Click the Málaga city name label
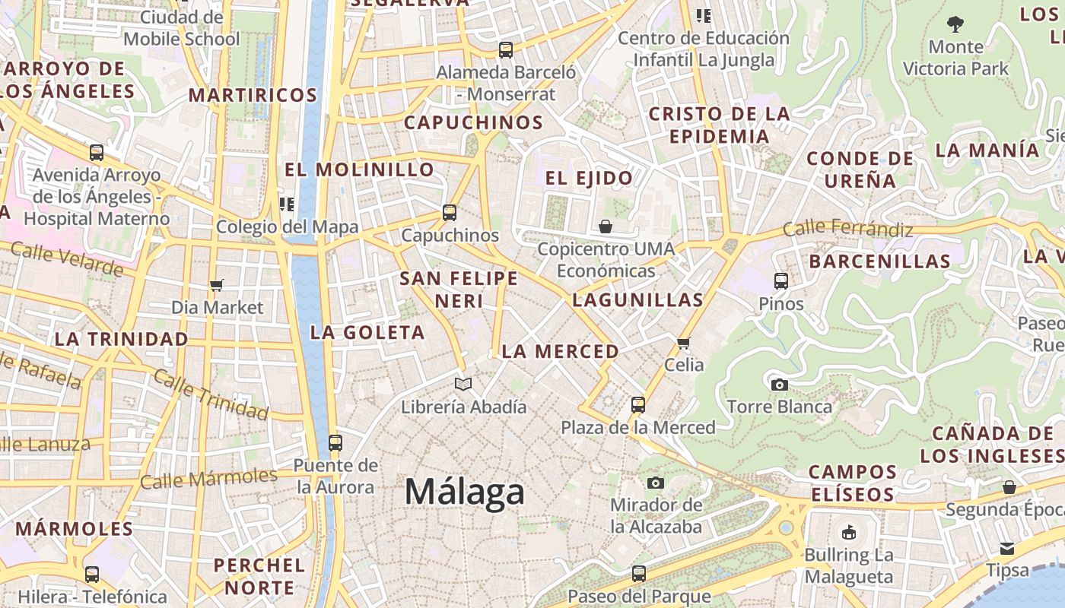pyautogui.click(x=464, y=492)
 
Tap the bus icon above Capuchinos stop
pyautogui.click(x=450, y=213)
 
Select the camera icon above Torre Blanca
pyautogui.click(x=779, y=385)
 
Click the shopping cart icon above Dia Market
pyautogui.click(x=217, y=285)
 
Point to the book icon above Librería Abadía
pyautogui.click(x=463, y=384)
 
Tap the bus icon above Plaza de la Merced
pyautogui.click(x=638, y=405)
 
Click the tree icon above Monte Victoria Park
pyautogui.click(x=955, y=24)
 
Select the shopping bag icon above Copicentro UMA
pyautogui.click(x=606, y=226)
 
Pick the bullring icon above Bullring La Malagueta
pyautogui.click(x=849, y=532)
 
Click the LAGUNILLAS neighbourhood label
pyautogui.click(x=637, y=299)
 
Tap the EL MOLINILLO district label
pyautogui.click(x=360, y=169)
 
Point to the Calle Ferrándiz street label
pyautogui.click(x=847, y=227)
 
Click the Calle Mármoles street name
pyautogui.click(x=208, y=479)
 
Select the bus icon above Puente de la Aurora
pyautogui.click(x=335, y=442)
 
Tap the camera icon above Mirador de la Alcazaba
pyautogui.click(x=656, y=483)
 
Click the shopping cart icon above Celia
pyautogui.click(x=684, y=343)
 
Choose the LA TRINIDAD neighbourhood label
pyautogui.click(x=121, y=339)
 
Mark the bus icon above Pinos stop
pyautogui.click(x=781, y=281)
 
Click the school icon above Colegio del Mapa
pyautogui.click(x=287, y=204)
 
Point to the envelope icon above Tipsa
pyautogui.click(x=1007, y=548)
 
